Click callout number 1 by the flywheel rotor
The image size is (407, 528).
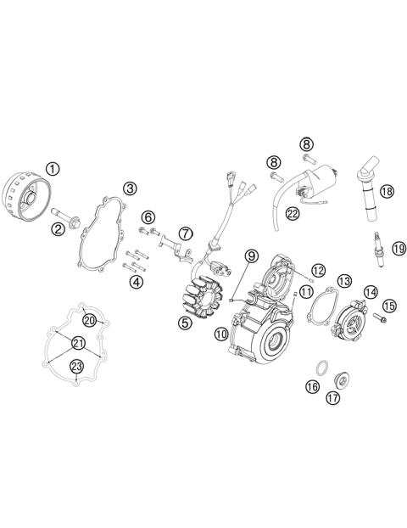click(53, 168)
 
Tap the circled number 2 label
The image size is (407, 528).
click(59, 227)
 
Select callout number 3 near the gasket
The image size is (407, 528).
click(130, 188)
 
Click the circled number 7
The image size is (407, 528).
click(186, 233)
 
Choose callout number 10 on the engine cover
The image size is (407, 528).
click(221, 335)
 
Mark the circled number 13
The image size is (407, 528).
click(344, 280)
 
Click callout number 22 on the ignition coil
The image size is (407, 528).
click(293, 215)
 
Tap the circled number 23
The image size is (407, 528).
click(76, 366)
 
